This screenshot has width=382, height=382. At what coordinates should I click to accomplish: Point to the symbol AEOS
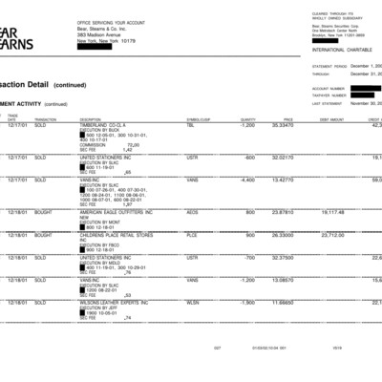point(192,211)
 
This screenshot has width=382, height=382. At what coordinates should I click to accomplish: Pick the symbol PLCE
point(192,234)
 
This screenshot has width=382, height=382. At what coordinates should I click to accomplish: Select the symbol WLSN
point(193,302)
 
